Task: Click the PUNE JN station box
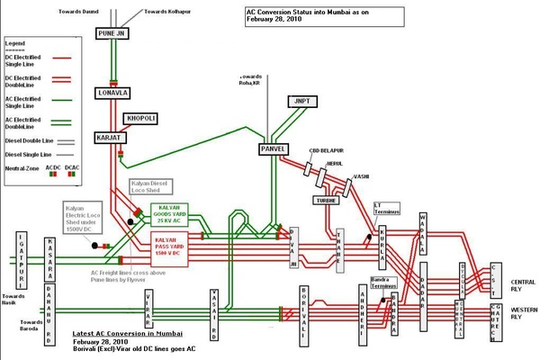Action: coord(113,34)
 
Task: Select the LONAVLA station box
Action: coord(114,93)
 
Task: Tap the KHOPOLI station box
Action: coord(142,119)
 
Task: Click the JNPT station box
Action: coord(299,103)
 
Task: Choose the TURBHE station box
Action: coord(325,199)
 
